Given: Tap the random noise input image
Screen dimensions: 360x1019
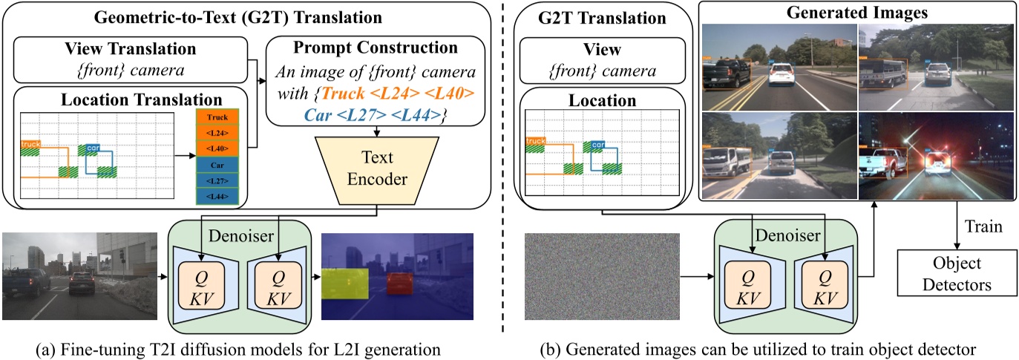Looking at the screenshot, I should [x=602, y=276].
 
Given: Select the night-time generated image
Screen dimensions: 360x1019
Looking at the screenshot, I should [x=935, y=156].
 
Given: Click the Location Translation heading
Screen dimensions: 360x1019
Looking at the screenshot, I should [x=129, y=99].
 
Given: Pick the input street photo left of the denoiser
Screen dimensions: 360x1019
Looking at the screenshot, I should [x=80, y=275].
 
